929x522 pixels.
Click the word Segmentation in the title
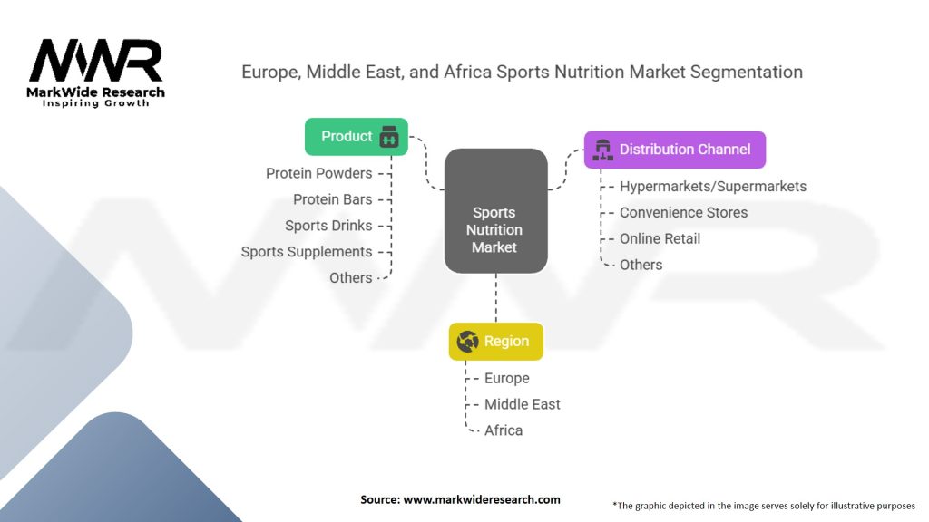point(745,72)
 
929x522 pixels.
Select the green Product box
point(356,137)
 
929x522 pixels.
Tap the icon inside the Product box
point(388,137)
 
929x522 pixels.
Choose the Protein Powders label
point(318,173)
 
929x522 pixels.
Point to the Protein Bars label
point(332,199)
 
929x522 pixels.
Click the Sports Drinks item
point(328,226)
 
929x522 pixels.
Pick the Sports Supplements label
point(307,252)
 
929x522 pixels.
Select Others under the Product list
point(350,278)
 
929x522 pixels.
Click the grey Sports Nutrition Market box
point(495,211)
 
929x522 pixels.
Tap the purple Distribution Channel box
point(674,150)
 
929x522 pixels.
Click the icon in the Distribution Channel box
point(602,150)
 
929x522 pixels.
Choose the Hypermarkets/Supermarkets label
point(712,187)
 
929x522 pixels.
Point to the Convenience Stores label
point(683,213)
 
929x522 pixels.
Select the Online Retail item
point(660,239)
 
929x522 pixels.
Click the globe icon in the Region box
point(468,342)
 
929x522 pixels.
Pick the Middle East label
point(522,404)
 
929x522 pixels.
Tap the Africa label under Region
point(503,430)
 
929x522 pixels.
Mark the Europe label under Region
point(506,378)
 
